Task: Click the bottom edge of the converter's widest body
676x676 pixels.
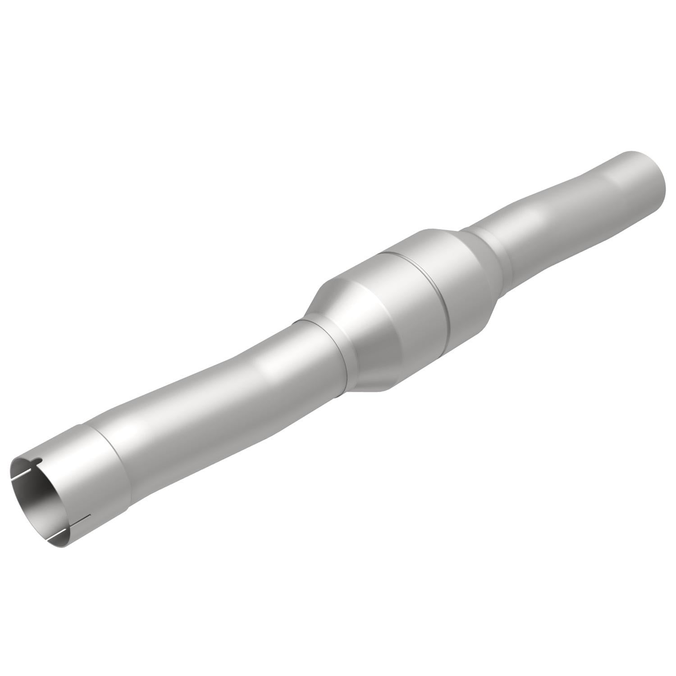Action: [388, 388]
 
